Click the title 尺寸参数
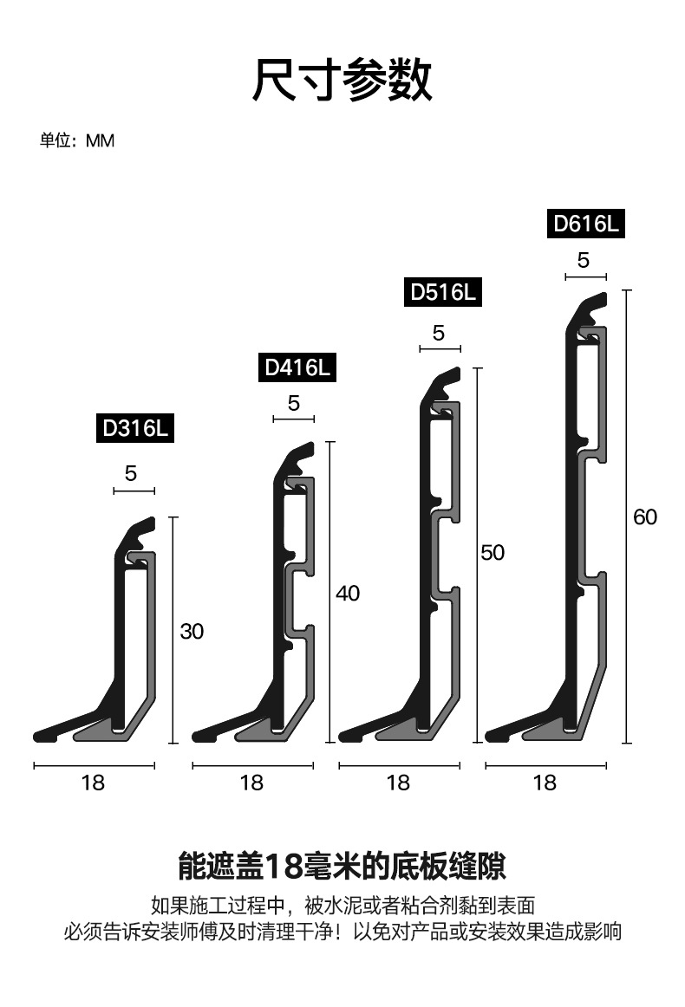[342, 80]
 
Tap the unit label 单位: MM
[77, 140]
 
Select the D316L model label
[135, 428]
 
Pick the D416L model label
[297, 367]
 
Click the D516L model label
[443, 292]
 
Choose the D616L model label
[586, 224]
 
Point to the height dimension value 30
[192, 631]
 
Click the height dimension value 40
[348, 594]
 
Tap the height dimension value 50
[493, 552]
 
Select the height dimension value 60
[645, 517]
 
